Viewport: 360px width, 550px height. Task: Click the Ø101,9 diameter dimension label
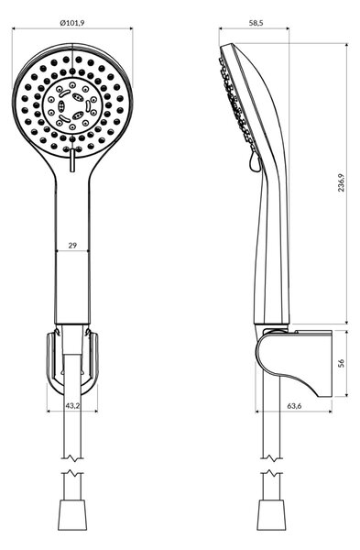point(72,23)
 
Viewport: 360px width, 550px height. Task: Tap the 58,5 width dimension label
point(256,23)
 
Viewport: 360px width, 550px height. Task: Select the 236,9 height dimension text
point(341,182)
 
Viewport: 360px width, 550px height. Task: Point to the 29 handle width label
point(72,245)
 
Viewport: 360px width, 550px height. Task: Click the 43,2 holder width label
point(72,406)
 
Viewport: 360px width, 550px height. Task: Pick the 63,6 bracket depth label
point(294,406)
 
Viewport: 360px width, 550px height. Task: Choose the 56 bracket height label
point(342,363)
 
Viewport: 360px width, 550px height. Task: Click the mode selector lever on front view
point(72,159)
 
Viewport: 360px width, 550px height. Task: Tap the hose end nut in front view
point(72,514)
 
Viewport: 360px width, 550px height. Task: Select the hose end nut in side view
point(271,514)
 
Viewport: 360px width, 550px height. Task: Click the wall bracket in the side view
point(294,363)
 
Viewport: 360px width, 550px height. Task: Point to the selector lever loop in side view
point(255,163)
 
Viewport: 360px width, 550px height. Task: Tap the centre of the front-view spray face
point(72,104)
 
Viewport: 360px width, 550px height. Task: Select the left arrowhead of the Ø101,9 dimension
point(15,29)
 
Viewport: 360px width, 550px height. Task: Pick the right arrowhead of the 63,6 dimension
point(329,411)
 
